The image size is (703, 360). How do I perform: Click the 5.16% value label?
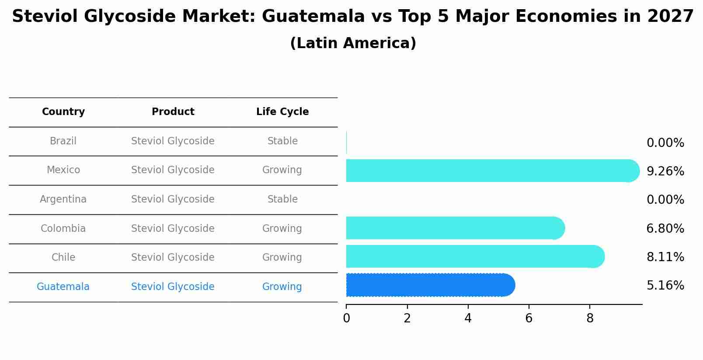pos(665,286)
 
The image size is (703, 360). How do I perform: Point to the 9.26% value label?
pos(665,171)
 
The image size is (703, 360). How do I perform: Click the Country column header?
pos(63,112)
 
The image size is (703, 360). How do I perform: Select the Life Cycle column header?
pos(282,112)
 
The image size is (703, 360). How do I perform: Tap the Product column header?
pos(173,112)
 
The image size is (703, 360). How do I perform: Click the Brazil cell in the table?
pos(63,141)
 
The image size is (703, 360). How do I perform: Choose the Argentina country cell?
pos(63,199)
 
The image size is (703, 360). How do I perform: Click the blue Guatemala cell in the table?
pos(63,287)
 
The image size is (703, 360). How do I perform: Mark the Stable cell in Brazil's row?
pos(282,141)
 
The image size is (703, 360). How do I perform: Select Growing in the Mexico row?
pos(282,170)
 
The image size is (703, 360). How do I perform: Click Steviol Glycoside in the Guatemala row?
pos(173,287)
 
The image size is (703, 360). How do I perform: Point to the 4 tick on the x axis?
pos(468,318)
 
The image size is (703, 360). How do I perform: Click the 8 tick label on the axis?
pos(590,318)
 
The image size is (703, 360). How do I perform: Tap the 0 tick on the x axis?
pos(346,318)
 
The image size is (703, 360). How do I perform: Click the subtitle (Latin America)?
pos(353,43)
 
